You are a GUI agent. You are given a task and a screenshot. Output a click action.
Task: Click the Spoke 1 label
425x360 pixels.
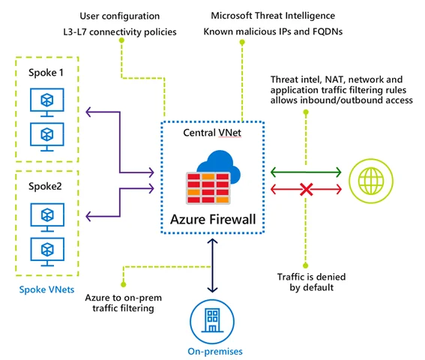click(46, 73)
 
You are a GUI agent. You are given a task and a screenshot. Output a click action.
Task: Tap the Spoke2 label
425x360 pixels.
click(45, 187)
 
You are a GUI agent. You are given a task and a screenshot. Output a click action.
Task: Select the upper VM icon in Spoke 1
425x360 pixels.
click(47, 103)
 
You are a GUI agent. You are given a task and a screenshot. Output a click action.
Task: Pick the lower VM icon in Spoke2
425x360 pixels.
click(47, 252)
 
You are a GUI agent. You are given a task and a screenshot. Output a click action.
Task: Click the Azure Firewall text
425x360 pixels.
click(213, 220)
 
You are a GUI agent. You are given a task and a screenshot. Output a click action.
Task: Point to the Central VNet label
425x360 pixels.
click(212, 133)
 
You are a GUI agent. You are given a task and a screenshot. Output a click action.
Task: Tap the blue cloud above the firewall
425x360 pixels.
click(219, 166)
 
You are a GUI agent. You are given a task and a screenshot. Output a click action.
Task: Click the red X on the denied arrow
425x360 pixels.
click(307, 189)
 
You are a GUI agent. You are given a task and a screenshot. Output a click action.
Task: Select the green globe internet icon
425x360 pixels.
click(371, 181)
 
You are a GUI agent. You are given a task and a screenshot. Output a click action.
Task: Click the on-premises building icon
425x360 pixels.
click(212, 321)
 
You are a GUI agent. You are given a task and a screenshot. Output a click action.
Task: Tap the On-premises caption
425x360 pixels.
click(215, 352)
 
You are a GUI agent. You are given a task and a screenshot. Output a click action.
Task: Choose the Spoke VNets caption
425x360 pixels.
click(46, 289)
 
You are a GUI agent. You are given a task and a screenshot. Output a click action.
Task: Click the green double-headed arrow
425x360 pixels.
click(306, 172)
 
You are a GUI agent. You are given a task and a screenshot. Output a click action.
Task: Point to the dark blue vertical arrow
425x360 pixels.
click(212, 265)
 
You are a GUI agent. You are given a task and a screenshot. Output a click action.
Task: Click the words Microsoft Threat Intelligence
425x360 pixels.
click(273, 16)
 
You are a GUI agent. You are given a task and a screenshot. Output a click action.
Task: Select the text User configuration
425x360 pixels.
click(119, 16)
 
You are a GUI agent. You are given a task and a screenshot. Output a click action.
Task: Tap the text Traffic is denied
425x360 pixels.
click(311, 277)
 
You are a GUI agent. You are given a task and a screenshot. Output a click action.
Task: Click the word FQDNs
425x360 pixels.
click(328, 31)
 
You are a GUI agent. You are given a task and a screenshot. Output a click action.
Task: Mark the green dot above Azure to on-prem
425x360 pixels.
click(124, 284)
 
